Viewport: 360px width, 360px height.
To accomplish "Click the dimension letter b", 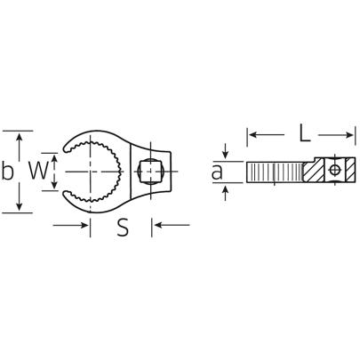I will click(x=8, y=171).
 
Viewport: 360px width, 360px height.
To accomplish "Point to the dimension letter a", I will click(x=216, y=172).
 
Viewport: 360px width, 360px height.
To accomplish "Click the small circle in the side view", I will click(x=333, y=169).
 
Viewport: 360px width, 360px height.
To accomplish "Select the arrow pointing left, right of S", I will click(x=172, y=226).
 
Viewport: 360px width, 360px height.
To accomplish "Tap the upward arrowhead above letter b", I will click(x=19, y=135).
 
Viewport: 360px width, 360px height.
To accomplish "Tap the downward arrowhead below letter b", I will click(x=19, y=206).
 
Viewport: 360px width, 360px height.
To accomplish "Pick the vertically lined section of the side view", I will click(x=276, y=170).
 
